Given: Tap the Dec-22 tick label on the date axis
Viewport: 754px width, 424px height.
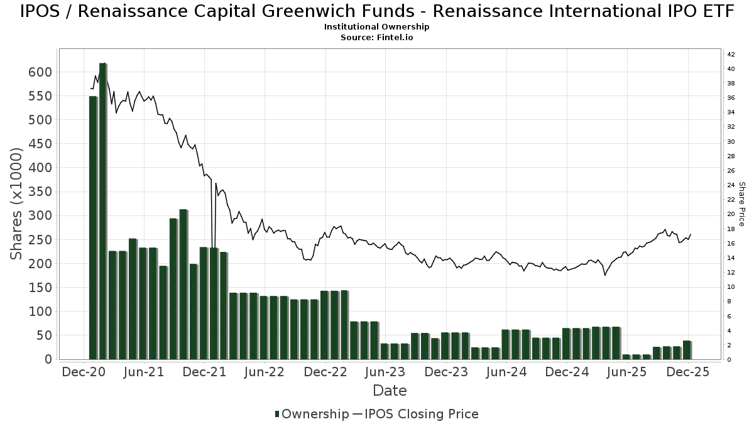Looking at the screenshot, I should pos(325,372).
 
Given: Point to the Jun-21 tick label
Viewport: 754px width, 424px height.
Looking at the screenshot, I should pos(144,372).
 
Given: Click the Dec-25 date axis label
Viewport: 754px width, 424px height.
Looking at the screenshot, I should pos(688,372).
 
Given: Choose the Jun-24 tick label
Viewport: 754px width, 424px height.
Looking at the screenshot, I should pos(506,372).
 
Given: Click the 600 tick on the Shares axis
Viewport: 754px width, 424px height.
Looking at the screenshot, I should pos(40,72).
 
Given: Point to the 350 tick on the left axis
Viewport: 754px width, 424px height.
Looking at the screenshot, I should pos(40,192).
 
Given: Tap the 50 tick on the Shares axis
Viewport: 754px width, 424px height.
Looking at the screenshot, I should pos(44,335).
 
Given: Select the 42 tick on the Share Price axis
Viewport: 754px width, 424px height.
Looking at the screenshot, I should pos(731,55).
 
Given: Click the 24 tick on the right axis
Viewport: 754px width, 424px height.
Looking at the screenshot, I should pos(731,185).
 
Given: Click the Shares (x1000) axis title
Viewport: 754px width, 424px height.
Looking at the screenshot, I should pos(16,204).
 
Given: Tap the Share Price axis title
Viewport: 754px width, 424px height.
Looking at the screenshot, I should pos(742,204).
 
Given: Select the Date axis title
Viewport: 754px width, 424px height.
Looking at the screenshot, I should pos(390,391).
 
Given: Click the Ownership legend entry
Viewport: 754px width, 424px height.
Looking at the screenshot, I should pos(312,414).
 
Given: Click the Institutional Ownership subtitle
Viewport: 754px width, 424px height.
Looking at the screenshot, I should pos(377,27).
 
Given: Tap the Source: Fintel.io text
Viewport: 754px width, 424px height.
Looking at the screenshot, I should pos(377,37).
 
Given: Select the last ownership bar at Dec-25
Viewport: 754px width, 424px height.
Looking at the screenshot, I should pos(687,350).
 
